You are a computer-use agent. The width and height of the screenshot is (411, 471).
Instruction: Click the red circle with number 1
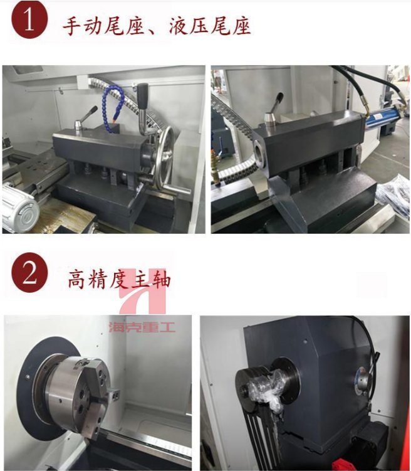point(29,21)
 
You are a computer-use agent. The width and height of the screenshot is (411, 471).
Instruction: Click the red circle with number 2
point(29,272)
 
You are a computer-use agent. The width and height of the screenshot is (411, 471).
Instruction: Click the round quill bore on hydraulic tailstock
point(259,152)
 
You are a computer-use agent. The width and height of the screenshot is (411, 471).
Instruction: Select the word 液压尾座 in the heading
point(209,26)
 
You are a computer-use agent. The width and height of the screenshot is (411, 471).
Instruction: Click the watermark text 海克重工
point(142,327)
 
